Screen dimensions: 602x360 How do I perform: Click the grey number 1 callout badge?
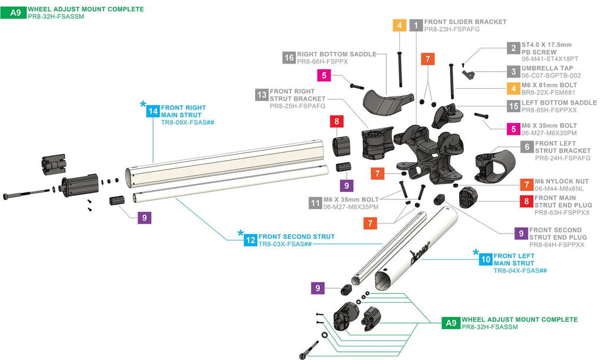click(416, 25)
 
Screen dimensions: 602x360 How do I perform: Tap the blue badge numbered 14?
click(153, 111)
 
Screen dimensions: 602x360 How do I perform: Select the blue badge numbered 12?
click(250, 240)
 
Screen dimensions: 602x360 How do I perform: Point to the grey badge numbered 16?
click(289, 58)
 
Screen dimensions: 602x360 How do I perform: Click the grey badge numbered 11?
click(315, 203)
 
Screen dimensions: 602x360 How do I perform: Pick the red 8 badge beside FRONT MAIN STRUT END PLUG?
click(526, 201)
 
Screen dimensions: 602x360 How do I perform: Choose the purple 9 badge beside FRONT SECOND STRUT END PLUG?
click(521, 233)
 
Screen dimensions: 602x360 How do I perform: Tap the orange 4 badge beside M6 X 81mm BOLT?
click(513, 88)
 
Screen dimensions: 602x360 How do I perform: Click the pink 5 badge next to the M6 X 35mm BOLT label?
click(513, 129)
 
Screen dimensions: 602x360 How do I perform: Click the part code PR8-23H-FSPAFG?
click(452, 29)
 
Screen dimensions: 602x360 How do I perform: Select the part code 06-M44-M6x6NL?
click(559, 189)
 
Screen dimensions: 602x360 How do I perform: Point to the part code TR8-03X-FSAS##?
click(285, 244)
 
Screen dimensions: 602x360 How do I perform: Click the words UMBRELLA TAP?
click(547, 68)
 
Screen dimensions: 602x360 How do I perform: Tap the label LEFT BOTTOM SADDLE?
click(559, 102)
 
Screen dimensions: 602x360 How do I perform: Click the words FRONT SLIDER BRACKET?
click(466, 22)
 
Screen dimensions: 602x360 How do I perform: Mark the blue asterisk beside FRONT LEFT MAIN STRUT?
click(476, 252)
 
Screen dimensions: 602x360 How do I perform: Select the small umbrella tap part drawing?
click(469, 74)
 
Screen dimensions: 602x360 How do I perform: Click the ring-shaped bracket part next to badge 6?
click(495, 166)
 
